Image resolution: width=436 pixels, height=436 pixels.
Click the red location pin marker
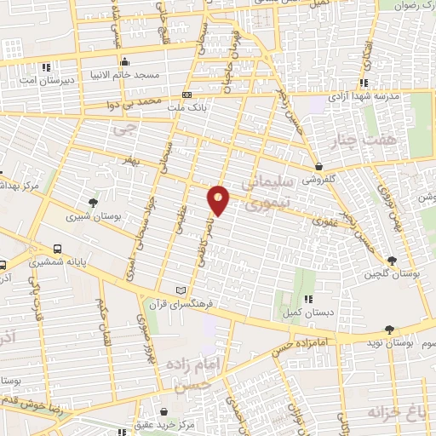point(219,199)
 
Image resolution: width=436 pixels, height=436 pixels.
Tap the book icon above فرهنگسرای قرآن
point(180,290)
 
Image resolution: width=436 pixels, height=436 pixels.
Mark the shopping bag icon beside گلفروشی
point(318,166)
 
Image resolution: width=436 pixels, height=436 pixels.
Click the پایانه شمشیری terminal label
point(58,263)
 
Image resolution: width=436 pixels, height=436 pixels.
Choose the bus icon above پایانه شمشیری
point(57,249)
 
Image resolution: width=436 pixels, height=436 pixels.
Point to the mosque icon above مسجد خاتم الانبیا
point(125,61)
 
